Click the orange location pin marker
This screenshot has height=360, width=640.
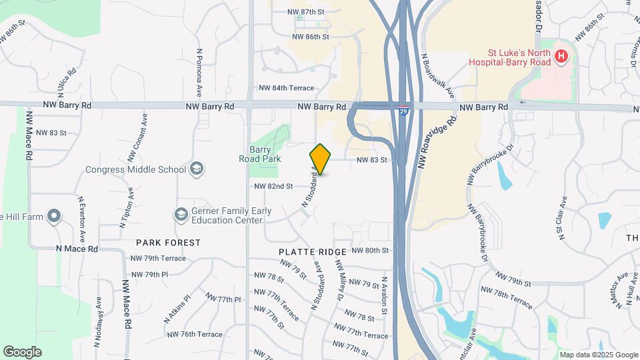pyautogui.click(x=320, y=159)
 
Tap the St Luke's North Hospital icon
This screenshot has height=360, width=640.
pyautogui.click(x=561, y=57)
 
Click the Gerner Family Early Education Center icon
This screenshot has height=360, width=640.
pyautogui.click(x=181, y=214)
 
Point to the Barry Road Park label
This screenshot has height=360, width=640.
pyautogui.click(x=259, y=154)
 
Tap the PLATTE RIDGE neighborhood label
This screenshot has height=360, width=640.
pyautogui.click(x=313, y=252)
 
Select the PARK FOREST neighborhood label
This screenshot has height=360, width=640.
pyautogui.click(x=168, y=243)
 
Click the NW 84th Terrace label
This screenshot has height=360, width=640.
pyautogui.click(x=286, y=88)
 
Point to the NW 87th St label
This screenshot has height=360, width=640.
pyautogui.click(x=305, y=12)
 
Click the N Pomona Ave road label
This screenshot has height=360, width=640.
pyautogui.click(x=199, y=73)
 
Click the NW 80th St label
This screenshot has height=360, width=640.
pyautogui.click(x=369, y=251)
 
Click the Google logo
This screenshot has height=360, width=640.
pyautogui.click(x=22, y=352)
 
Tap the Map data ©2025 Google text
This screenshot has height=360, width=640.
pyautogui.click(x=597, y=355)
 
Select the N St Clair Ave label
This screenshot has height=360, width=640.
pyautogui.click(x=561, y=217)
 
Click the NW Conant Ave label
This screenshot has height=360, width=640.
pyautogui.click(x=138, y=139)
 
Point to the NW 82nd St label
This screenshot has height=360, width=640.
pyautogui.click(x=273, y=186)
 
